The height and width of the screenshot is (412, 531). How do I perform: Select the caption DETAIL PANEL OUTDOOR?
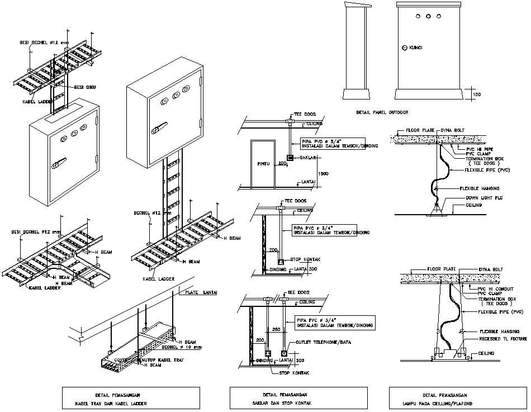pyautogui.click(x=382, y=112)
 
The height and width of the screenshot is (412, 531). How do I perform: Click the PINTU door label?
pyautogui.click(x=263, y=164)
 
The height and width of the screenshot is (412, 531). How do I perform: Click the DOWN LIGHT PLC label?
pyautogui.click(x=483, y=198)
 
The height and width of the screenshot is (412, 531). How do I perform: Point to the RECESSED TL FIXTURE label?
pyautogui.click(x=502, y=339)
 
